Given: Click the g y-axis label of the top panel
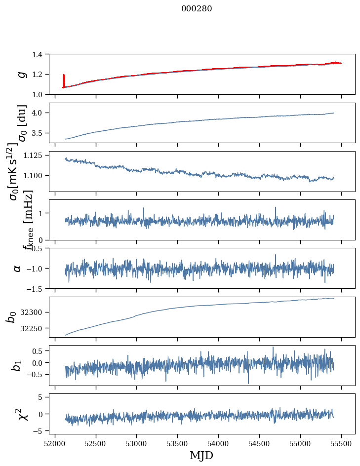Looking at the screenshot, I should [21, 74].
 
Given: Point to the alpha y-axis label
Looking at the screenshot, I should [18, 268].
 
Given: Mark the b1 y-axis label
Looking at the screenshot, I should [17, 365].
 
